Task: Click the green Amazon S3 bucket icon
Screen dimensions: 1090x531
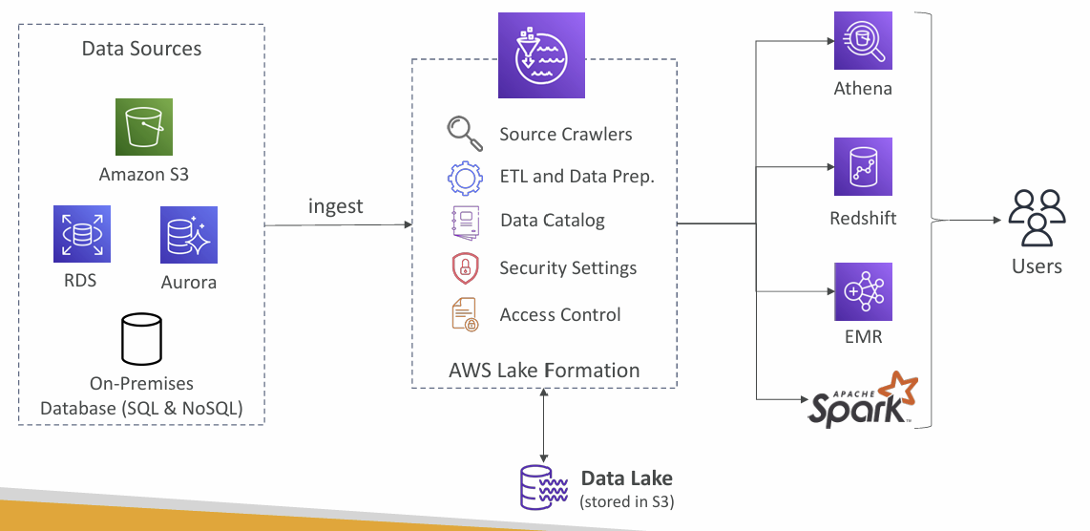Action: [x=144, y=127]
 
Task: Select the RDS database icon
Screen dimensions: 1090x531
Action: [x=82, y=234]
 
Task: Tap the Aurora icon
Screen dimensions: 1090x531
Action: [x=188, y=235]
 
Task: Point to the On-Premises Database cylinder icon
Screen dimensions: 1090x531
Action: [x=142, y=339]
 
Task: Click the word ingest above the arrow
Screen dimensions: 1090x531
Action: [x=336, y=206]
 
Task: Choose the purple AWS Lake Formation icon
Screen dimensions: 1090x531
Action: [x=541, y=55]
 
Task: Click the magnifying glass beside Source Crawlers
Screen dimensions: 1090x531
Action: [x=465, y=134]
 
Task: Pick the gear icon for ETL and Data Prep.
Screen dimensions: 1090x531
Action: [x=465, y=177]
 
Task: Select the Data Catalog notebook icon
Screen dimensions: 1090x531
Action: [x=465, y=222]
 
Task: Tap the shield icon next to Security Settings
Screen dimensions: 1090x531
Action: [x=465, y=268]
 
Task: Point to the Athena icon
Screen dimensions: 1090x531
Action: [x=863, y=40]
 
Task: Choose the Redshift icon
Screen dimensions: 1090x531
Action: [x=863, y=166]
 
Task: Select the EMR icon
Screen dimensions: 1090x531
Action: [x=863, y=291]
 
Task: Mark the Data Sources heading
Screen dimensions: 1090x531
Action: [x=142, y=49]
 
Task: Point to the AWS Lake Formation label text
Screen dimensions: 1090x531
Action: [x=544, y=371]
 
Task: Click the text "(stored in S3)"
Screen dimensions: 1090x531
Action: [x=627, y=501]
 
